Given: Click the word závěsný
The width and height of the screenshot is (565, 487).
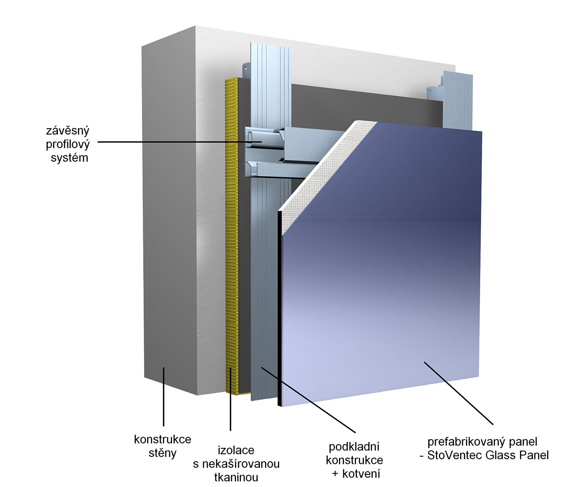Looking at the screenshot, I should [x=67, y=131].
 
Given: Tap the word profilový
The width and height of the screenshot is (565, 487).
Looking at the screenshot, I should [x=67, y=144].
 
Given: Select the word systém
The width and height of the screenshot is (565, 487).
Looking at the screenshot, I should [x=69, y=158].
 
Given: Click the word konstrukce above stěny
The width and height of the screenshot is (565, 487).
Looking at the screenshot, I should [x=162, y=439].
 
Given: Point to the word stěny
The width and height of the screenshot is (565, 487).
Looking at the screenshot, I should [x=162, y=453].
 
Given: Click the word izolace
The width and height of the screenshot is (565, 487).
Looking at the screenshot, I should [x=236, y=450].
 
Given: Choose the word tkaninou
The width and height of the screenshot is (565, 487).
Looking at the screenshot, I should [x=236, y=477].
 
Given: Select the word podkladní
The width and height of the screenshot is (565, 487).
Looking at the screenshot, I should [x=354, y=447].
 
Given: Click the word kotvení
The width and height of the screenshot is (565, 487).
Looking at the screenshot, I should [x=361, y=474].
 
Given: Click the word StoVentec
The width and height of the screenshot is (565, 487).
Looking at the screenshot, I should [x=454, y=455].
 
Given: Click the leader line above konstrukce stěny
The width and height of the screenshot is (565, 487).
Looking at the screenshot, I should [x=163, y=398].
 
